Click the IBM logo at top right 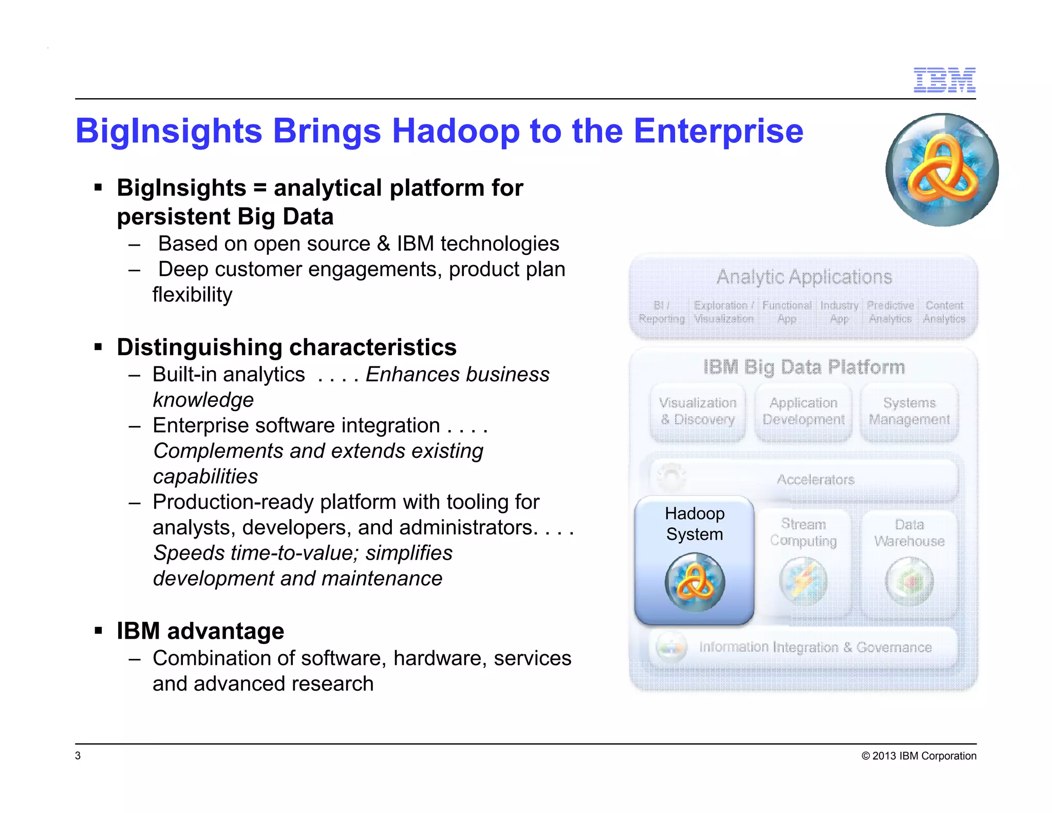tap(944, 80)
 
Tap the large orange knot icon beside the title tap(942, 170)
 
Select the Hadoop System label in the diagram tap(694, 524)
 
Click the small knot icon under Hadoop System tap(694, 582)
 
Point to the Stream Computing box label tap(803, 532)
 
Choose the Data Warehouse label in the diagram tap(909, 533)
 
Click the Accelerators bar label tap(815, 479)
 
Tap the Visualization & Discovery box tap(698, 412)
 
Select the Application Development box tap(803, 412)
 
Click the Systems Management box tap(909, 412)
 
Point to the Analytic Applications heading tap(804, 277)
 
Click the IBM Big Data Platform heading tap(804, 367)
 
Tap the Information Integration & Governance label tap(815, 647)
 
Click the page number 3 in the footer tap(78, 755)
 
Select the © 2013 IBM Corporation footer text tap(918, 756)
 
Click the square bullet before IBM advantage tap(98, 631)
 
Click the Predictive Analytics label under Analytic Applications tap(890, 312)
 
